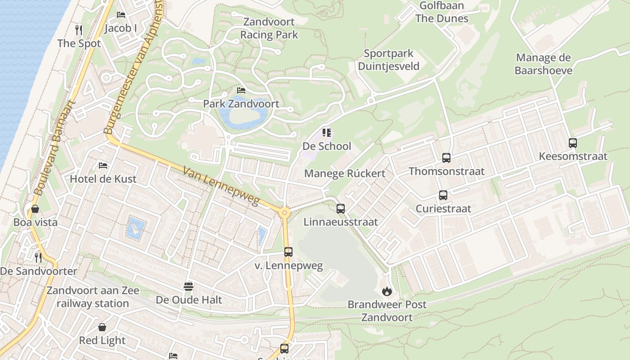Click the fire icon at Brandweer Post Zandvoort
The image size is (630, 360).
coord(387,291)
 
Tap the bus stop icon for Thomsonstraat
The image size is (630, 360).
coord(446,158)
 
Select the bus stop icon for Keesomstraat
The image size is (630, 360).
coord(573,143)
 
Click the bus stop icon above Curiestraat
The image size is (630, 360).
coord(443,195)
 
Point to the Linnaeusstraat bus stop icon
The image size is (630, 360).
coord(341,209)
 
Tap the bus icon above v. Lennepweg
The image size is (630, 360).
coord(288,252)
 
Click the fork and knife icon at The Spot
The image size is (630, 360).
coord(79,30)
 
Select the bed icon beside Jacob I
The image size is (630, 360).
coord(121,15)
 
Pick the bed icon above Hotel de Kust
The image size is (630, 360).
coord(103,165)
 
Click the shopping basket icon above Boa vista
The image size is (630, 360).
coord(35,209)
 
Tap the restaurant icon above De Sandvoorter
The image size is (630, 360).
coord(38,257)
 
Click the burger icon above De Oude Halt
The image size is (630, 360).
coord(189,286)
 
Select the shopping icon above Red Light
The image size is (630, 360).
coord(102,327)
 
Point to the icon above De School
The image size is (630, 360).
coord(327,133)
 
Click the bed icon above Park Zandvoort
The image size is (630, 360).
coord(241,90)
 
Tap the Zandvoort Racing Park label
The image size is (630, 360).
coord(269,28)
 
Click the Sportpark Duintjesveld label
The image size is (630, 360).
coord(388,60)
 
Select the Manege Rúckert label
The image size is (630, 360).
coord(345,174)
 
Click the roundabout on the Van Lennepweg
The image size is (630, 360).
coord(284,213)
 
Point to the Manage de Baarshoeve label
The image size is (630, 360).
coord(543,64)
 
